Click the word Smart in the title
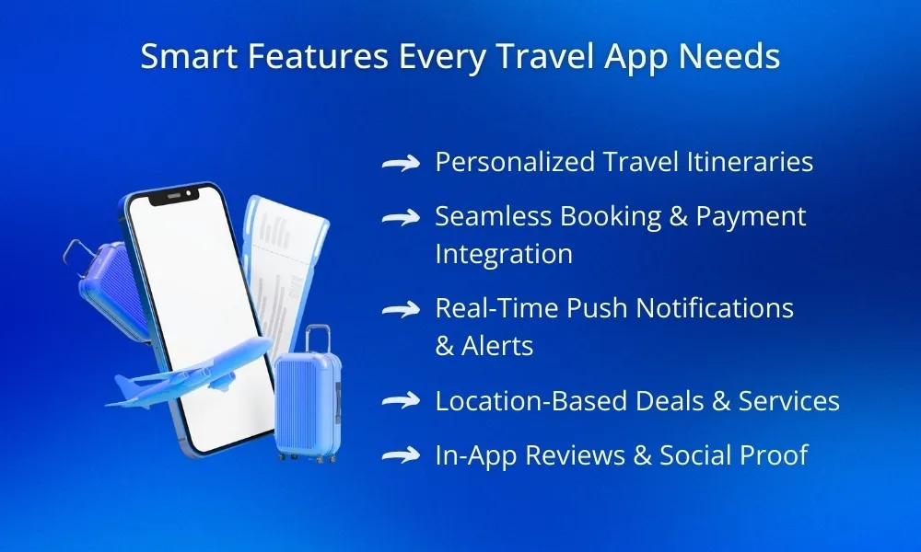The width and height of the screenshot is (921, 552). pyautogui.click(x=189, y=56)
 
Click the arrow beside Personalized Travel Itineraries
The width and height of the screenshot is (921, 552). pyautogui.click(x=402, y=163)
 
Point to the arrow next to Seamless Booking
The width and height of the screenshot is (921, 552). pyautogui.click(x=402, y=217)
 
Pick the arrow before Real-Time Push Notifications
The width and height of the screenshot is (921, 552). pyautogui.click(x=402, y=309)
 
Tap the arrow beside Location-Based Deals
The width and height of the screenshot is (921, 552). pyautogui.click(x=402, y=400)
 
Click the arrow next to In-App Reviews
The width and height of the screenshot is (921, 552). pyautogui.click(x=402, y=455)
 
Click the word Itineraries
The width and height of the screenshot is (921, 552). pyautogui.click(x=750, y=162)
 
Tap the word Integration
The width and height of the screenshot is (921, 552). pyautogui.click(x=504, y=255)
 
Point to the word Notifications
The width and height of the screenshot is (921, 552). pyautogui.click(x=715, y=308)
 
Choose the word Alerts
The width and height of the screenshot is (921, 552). pyautogui.click(x=497, y=346)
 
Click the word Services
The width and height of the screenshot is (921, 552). pyautogui.click(x=789, y=400)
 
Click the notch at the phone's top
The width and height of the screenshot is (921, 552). pyautogui.click(x=174, y=195)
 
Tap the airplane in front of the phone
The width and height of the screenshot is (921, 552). pyautogui.click(x=188, y=374)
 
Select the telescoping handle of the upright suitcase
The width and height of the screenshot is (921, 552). pyautogui.click(x=318, y=339)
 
